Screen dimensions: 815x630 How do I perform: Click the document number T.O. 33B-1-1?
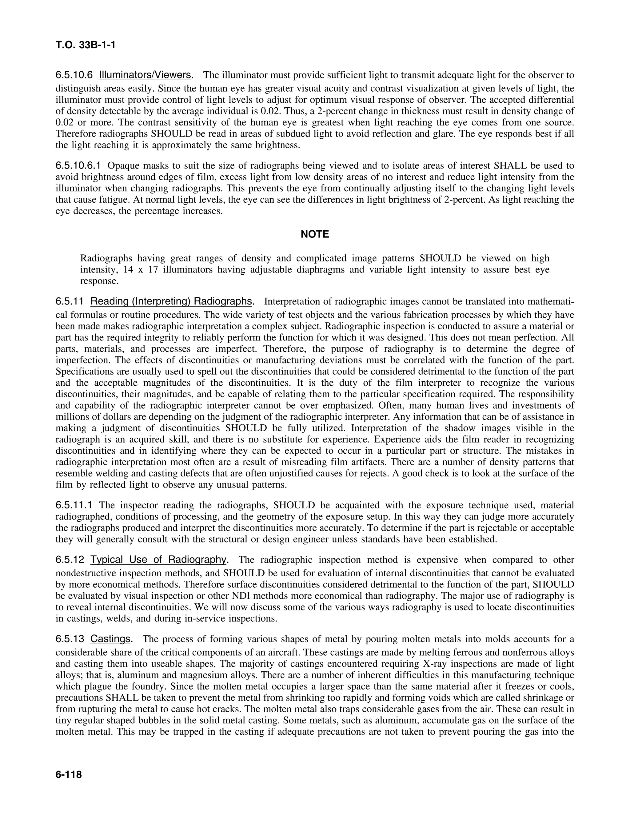click(x=86, y=46)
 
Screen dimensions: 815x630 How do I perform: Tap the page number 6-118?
click(x=69, y=775)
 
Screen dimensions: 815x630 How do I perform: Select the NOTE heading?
click(x=315, y=234)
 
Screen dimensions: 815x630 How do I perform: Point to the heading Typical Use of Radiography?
click(x=158, y=560)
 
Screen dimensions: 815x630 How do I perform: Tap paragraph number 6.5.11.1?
click(x=74, y=505)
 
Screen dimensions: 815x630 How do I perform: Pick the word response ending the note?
click(x=99, y=281)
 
